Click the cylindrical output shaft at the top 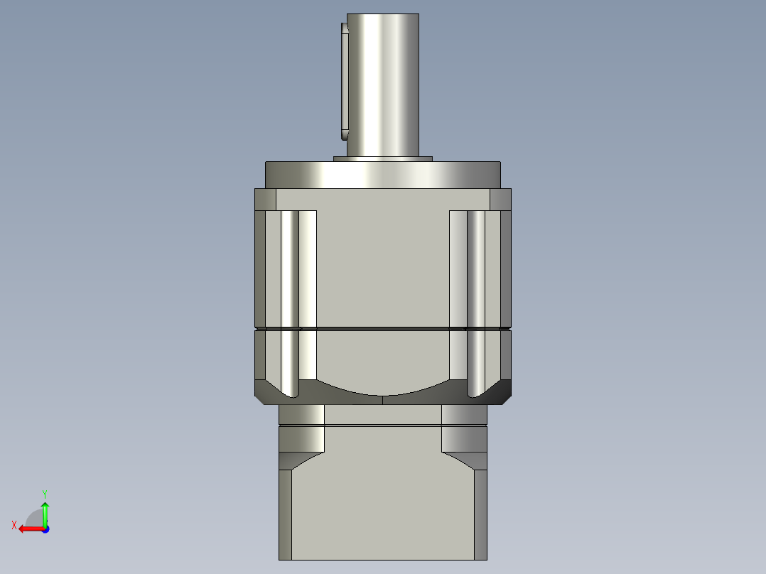[383, 85]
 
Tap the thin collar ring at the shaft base [382, 158]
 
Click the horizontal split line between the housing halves [383, 329]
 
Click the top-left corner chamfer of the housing [265, 200]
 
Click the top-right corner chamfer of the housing [500, 200]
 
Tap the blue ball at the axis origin [45, 529]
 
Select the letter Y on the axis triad [44, 493]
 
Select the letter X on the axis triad [14, 525]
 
